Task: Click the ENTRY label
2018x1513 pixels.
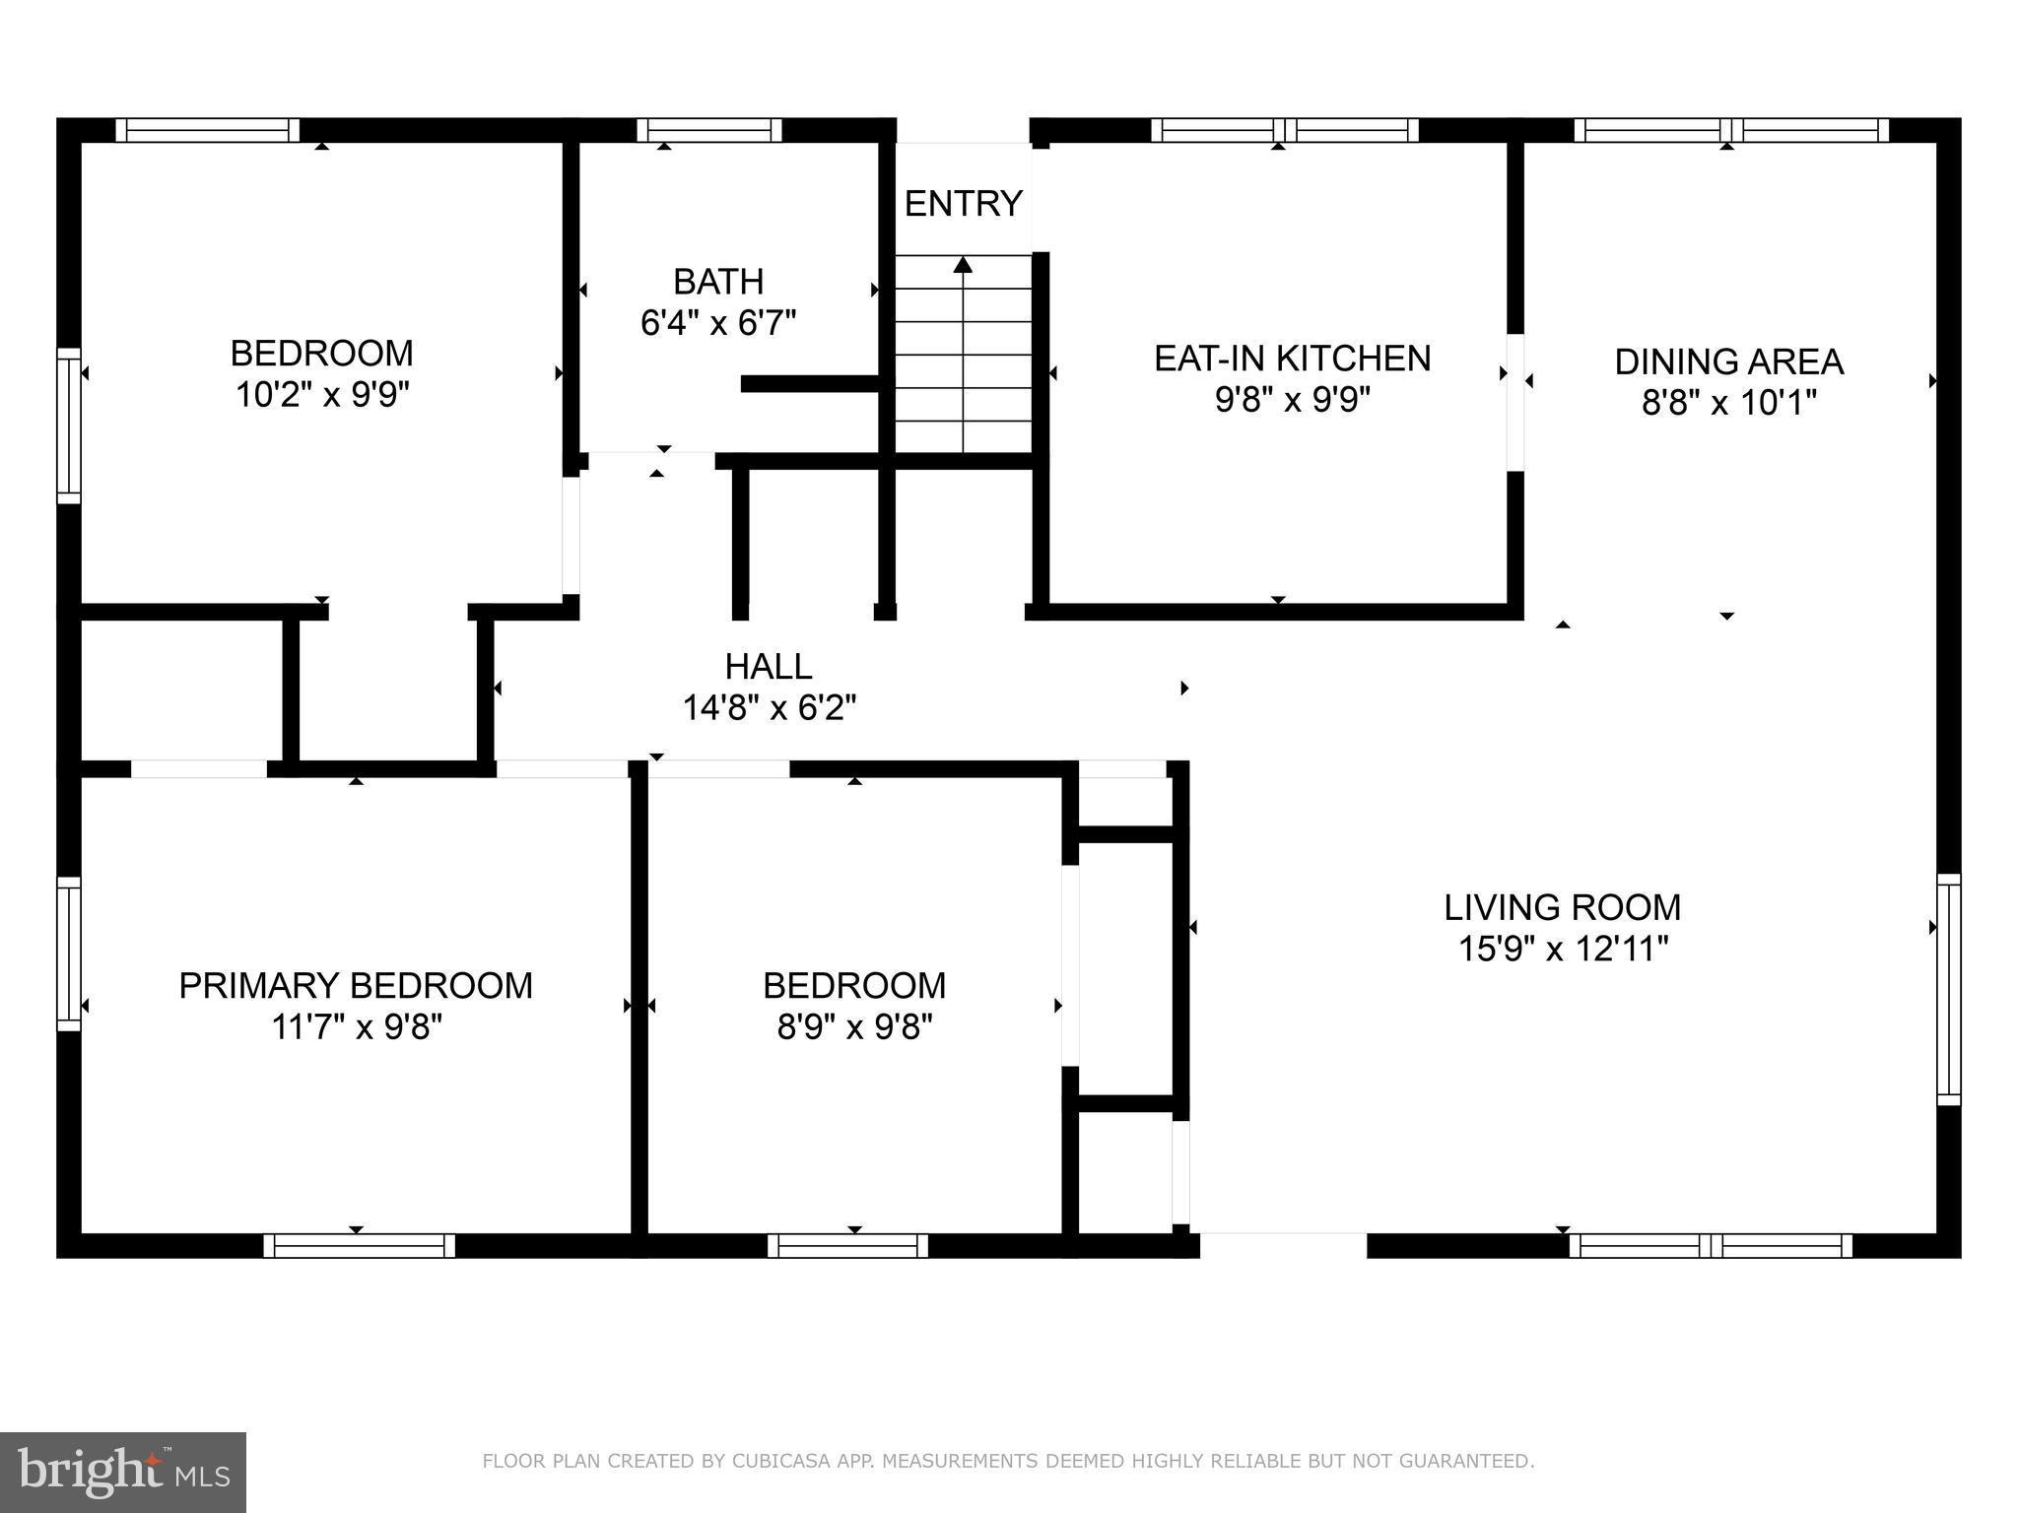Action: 963,204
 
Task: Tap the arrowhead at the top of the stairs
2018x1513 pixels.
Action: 963,264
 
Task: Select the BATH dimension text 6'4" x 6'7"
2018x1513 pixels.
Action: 718,323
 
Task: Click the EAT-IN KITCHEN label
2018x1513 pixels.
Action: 1292,359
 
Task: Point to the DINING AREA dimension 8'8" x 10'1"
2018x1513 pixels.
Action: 1728,403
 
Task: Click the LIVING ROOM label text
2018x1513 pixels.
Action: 1562,907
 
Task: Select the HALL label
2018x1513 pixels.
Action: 769,667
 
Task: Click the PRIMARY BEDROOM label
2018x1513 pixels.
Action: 356,986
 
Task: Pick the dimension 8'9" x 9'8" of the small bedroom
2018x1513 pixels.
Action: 854,1028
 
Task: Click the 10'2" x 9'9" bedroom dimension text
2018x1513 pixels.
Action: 321,395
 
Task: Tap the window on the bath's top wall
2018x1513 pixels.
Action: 708,130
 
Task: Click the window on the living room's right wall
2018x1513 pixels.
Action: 1948,989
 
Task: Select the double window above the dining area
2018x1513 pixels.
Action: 1730,130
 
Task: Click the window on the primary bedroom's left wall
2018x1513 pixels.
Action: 68,954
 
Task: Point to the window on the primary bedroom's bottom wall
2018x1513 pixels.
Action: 359,1246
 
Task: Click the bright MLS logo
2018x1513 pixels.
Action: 123,1473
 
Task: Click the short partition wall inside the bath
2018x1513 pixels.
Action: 810,384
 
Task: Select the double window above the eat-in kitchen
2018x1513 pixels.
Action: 1284,130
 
